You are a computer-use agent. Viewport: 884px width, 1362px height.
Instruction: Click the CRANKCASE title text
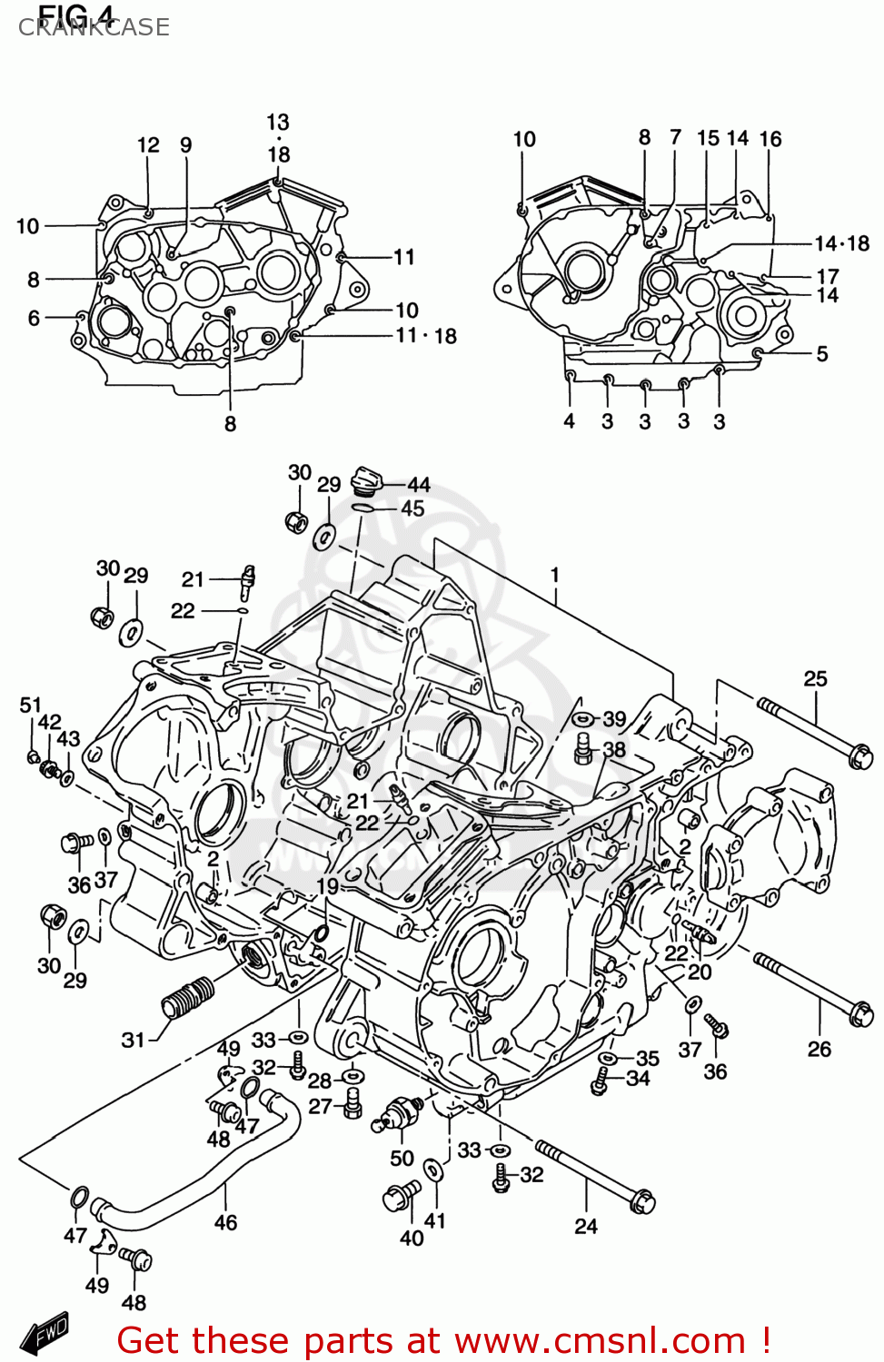tap(94, 27)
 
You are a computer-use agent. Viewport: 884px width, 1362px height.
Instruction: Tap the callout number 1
tap(554, 575)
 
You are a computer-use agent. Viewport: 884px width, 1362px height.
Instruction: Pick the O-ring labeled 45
tap(363, 509)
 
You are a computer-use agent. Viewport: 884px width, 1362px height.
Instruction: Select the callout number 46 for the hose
tap(225, 1223)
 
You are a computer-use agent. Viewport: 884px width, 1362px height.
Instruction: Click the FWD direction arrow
tap(45, 1333)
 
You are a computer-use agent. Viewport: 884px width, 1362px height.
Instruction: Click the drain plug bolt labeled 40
tap(401, 1196)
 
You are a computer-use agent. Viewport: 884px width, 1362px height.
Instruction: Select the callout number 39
tap(614, 719)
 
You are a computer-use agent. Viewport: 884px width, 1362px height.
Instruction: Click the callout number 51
tap(30, 706)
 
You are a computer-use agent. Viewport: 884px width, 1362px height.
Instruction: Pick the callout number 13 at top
tap(277, 122)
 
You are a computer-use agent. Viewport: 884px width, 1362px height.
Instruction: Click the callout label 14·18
tap(841, 243)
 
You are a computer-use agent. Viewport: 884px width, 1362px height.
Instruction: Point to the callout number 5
tap(821, 354)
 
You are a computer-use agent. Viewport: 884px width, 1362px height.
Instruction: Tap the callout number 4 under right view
tap(569, 421)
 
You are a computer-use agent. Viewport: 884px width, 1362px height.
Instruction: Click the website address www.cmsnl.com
tap(601, 1340)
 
